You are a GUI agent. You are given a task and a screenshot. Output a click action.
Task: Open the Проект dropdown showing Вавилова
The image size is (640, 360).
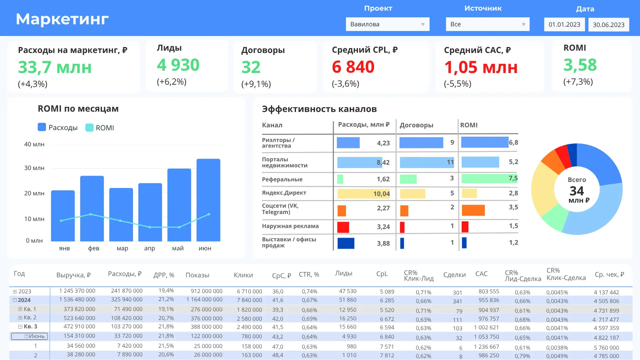387,24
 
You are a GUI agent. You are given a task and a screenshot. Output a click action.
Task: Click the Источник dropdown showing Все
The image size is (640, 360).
487,24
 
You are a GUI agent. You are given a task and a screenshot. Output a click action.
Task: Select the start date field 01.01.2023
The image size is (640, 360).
564,25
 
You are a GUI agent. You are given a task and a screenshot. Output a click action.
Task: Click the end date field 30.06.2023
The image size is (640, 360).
609,25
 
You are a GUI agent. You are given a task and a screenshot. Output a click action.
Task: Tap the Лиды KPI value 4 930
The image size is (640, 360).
178,65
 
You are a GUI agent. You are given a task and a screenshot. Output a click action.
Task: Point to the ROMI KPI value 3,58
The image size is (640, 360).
580,65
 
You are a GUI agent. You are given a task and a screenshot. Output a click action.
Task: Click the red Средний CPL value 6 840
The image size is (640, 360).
353,67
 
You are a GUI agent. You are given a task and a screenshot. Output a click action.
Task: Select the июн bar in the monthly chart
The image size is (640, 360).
208,200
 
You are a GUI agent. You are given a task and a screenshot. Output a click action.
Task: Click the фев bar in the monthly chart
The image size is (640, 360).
92,209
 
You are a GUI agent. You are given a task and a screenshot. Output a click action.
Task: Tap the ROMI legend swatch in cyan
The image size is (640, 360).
89,128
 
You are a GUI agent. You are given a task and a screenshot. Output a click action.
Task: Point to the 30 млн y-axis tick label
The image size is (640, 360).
34,168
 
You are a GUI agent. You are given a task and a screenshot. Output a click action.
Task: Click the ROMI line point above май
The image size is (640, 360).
179,227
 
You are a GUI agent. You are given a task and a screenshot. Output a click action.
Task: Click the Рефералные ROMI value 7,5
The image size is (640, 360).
513,178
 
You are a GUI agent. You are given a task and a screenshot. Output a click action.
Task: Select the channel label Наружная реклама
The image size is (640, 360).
290,226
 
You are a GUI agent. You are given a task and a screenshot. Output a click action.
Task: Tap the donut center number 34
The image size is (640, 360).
577,191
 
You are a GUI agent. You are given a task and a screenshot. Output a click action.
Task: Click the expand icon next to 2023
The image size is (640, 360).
15,292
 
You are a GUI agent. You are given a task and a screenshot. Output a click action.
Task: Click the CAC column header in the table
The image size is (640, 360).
481,274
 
